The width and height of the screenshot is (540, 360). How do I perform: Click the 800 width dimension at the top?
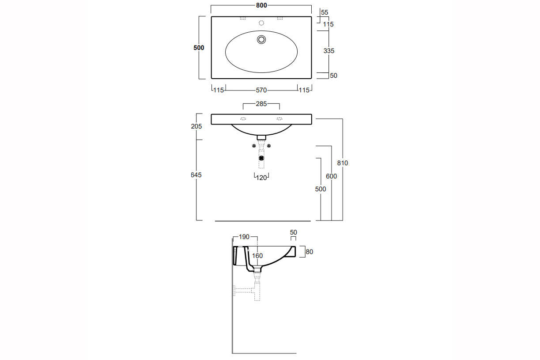(261, 6)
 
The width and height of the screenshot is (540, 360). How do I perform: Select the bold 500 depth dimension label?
(199, 48)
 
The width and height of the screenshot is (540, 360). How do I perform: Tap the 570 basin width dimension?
(261, 90)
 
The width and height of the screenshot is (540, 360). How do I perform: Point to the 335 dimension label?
(329, 51)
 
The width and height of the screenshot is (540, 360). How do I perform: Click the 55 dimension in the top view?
(325, 12)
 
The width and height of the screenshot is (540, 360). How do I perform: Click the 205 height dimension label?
(196, 126)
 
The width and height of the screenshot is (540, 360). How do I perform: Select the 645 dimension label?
(196, 175)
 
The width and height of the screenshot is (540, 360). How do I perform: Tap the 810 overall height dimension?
(343, 163)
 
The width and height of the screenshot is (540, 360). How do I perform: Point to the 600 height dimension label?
(331, 176)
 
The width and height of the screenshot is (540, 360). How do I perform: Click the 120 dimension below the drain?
(261, 178)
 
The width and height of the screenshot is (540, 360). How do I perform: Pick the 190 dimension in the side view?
(244, 237)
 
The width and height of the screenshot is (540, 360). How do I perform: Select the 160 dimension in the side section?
(257, 256)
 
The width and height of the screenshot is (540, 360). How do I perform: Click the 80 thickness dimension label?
(309, 252)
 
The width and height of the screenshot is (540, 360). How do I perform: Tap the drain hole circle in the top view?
(261, 39)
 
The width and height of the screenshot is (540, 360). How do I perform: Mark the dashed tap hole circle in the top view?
(261, 23)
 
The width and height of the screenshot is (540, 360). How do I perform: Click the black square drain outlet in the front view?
(261, 158)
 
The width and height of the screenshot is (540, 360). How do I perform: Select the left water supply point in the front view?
(254, 146)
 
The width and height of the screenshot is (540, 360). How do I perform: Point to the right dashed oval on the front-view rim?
(279, 118)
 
